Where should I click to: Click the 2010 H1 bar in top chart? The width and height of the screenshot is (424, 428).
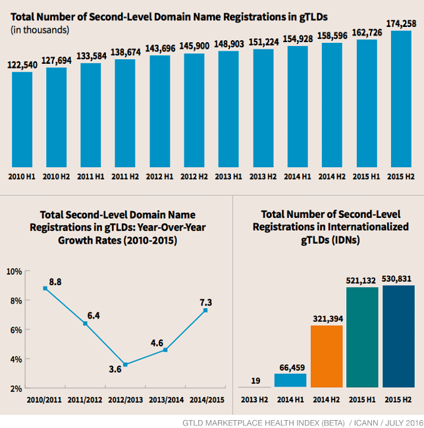coord(22,119)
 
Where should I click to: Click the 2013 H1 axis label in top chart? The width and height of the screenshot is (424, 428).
coord(228,176)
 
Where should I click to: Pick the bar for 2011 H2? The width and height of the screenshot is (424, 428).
coord(125,113)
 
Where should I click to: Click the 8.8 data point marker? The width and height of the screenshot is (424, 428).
coord(45,288)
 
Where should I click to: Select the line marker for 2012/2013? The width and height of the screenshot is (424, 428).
coord(125,365)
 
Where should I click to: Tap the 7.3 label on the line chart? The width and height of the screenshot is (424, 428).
coord(205,302)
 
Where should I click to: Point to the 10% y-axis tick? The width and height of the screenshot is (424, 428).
coord(15,271)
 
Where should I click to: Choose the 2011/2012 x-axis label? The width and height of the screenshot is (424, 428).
coord(84,399)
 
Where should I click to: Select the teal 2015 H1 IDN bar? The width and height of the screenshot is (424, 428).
coord(363,336)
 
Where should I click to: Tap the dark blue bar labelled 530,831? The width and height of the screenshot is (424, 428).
coord(399,336)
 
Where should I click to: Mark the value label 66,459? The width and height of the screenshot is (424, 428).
coord(290,366)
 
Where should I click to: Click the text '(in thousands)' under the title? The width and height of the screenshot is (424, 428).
coord(40,29)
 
